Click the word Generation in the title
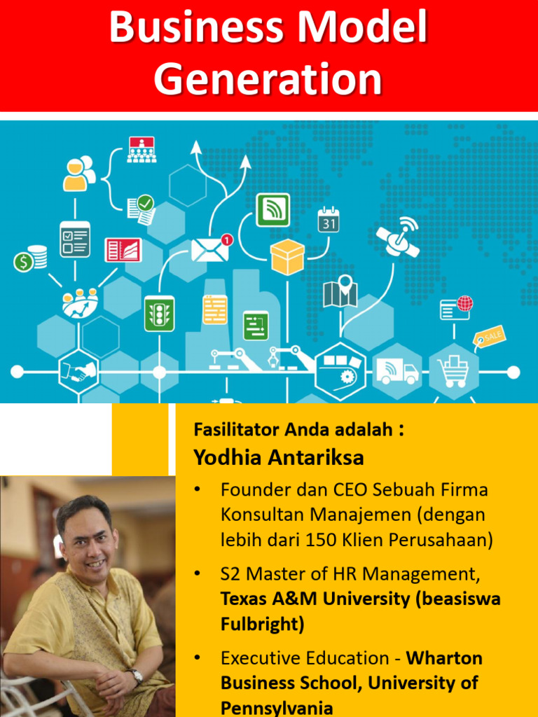[x=268, y=79]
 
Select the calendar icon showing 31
[x=328, y=219]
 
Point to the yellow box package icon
[x=287, y=256]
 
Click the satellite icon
[x=399, y=236]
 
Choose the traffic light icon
[x=159, y=313]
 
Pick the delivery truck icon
[x=397, y=371]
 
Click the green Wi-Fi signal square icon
[x=273, y=209]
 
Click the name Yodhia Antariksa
[x=279, y=458]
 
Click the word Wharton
[x=445, y=658]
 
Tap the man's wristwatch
[x=135, y=676]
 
